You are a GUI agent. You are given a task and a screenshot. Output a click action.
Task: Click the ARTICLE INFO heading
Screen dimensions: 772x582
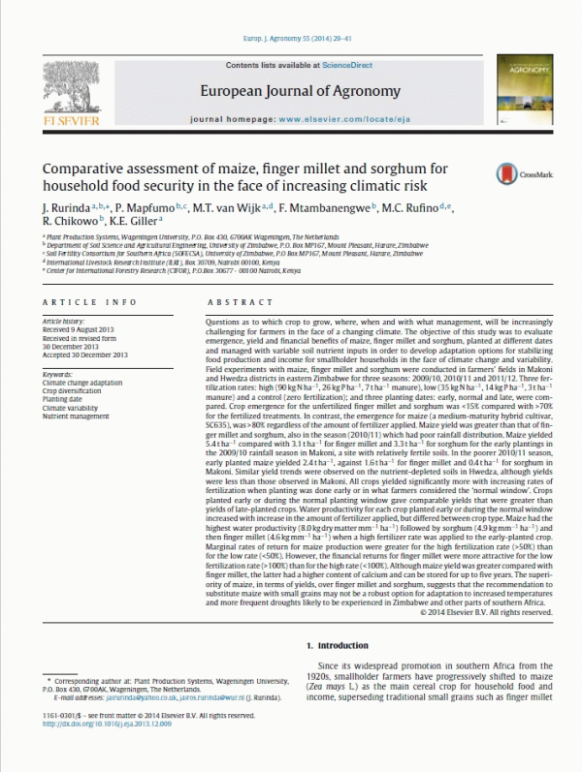(81, 302)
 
